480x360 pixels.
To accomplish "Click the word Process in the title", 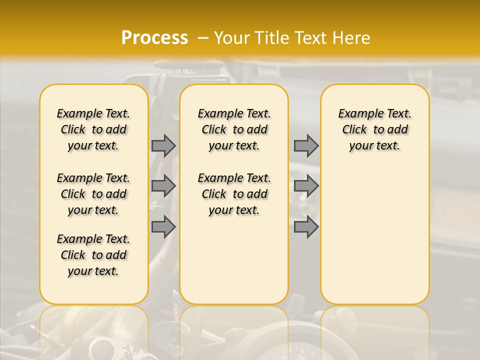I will point(154,38).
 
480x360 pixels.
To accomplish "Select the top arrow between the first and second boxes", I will point(163,145).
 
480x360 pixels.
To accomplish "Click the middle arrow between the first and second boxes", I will point(163,186).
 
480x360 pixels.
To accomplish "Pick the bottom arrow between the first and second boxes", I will point(163,227).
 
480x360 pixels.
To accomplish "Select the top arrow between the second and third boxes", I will point(306,145).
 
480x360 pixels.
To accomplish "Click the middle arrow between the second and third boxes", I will point(306,186).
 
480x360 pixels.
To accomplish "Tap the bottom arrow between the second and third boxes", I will point(306,227).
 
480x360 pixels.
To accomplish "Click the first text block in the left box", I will point(93,129).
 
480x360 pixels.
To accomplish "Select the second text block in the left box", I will point(93,194).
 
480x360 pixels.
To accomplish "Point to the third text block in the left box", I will point(93,255).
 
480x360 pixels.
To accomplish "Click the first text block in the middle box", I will point(234,129).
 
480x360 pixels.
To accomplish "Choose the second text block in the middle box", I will point(234,194).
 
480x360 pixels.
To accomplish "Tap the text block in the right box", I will point(375,129).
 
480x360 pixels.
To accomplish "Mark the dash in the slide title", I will point(201,38).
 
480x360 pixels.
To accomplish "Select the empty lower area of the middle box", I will point(234,260).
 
